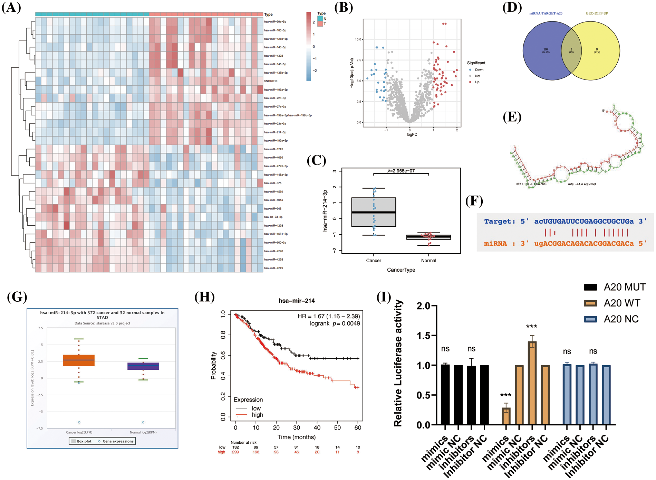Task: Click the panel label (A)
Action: pos(11,8)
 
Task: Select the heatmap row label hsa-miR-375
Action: pos(273,183)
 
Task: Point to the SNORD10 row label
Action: pos(271,81)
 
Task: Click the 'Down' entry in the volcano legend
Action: pos(479,70)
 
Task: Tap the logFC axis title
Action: pos(412,134)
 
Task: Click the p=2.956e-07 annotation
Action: pos(401,171)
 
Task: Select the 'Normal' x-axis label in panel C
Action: pos(428,261)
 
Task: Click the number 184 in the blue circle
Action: pos(546,49)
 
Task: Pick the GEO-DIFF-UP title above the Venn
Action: pos(597,13)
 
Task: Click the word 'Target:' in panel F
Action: pos(500,222)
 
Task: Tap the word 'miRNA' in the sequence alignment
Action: pos(495,244)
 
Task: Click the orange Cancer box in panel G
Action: pos(79,360)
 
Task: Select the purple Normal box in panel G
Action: pos(143,366)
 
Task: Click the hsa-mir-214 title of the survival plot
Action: pos(297,301)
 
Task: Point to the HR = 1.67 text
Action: pos(328,316)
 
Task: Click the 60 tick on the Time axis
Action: pos(358,428)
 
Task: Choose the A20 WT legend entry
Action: pos(622,303)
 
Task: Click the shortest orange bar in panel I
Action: pos(506,416)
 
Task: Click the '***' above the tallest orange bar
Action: pos(532,327)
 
